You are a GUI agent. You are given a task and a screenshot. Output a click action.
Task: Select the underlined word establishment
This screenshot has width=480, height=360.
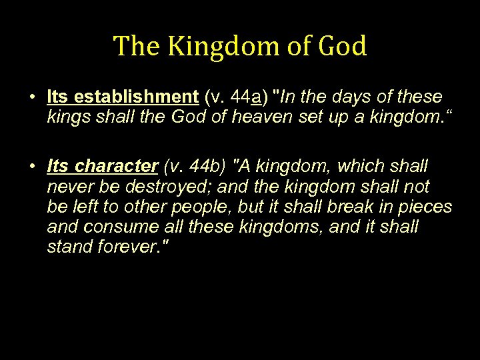(x=136, y=97)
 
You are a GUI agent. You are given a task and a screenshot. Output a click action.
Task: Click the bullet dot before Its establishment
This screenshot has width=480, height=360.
(x=32, y=97)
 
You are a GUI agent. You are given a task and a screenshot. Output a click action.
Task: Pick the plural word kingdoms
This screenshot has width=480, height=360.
(x=250, y=227)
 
